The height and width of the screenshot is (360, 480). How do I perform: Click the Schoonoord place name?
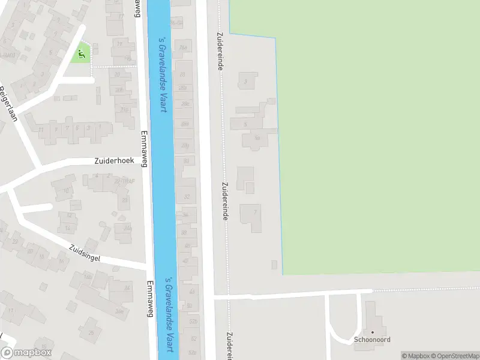point(372,340)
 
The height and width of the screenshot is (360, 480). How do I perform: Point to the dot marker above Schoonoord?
point(372,332)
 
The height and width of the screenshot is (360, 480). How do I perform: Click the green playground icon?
point(81,55)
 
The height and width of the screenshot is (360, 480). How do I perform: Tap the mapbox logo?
point(26,353)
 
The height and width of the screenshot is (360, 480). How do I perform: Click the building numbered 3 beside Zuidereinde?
point(245,81)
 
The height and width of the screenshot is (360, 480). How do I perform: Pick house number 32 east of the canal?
point(187,196)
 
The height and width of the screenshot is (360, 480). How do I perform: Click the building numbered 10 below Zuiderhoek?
point(65,191)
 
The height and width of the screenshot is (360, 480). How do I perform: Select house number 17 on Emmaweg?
point(121,16)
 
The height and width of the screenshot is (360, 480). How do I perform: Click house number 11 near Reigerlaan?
point(41,129)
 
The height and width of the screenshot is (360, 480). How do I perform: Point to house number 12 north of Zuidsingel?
point(70,214)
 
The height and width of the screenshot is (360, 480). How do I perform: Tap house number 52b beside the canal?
point(193,322)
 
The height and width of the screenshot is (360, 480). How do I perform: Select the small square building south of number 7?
point(274,265)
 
